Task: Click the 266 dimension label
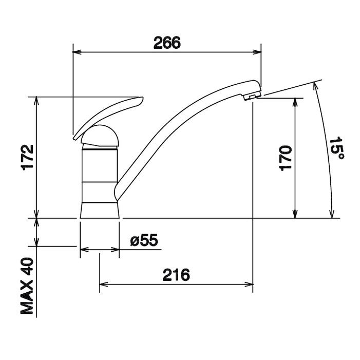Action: point(167,43)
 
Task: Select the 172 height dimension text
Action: point(28,158)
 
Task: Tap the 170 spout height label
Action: point(286,158)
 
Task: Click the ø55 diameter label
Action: point(144,240)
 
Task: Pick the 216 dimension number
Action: point(176,275)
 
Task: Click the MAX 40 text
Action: point(27,286)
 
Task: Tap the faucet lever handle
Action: point(107,117)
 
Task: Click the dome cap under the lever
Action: point(101,136)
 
